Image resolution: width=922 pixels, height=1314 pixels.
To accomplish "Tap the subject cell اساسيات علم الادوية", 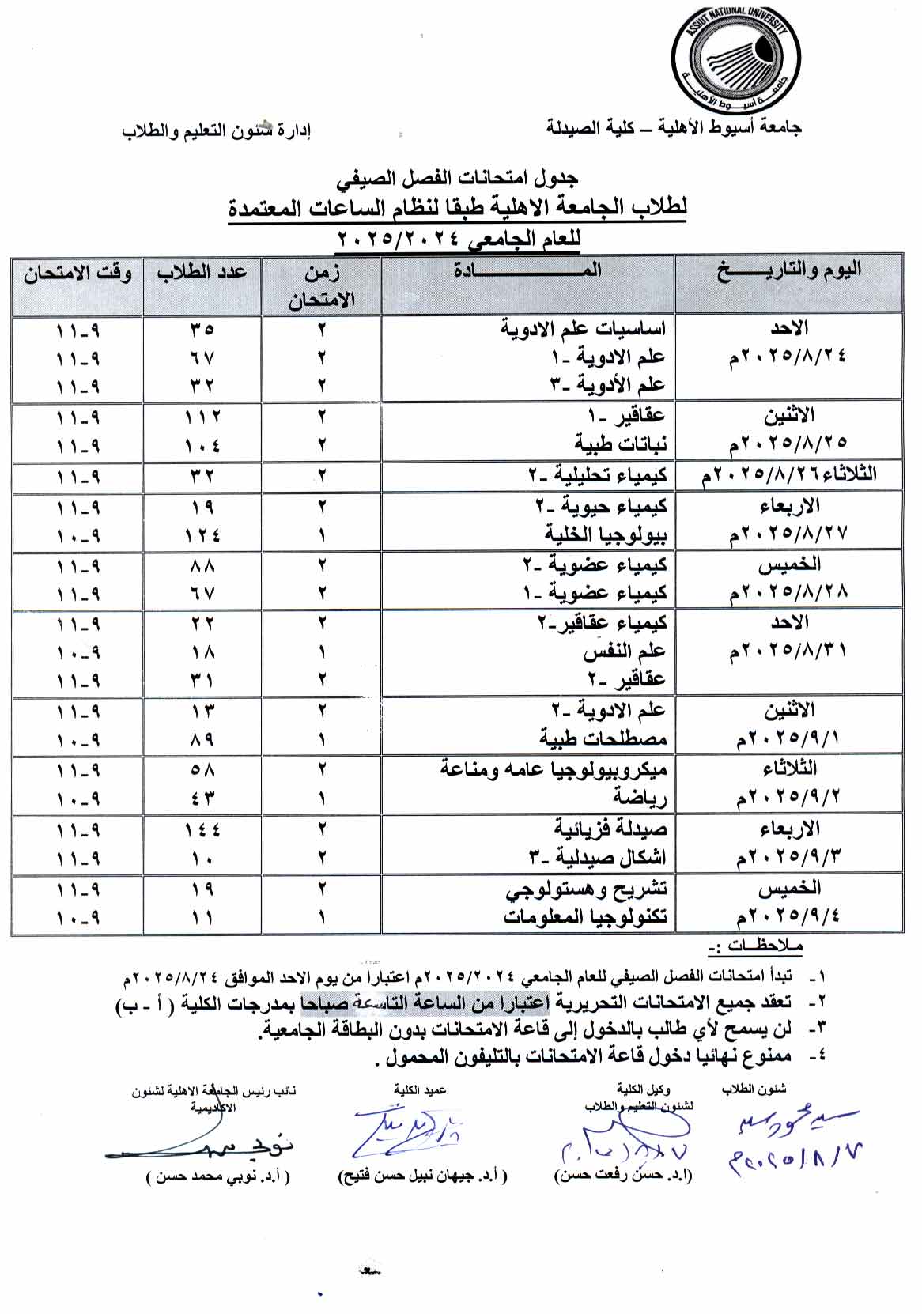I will [584, 328].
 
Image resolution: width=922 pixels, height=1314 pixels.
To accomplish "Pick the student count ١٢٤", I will [202, 535].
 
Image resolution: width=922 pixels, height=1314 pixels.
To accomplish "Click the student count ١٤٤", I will [202, 829].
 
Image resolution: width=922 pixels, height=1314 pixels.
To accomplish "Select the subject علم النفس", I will [624, 652].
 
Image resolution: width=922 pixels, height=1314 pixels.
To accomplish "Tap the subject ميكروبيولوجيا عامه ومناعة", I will [553, 769].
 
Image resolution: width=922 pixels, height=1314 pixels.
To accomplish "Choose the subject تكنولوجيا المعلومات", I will [585, 917].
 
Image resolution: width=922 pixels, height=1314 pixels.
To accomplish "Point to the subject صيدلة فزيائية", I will [610, 829].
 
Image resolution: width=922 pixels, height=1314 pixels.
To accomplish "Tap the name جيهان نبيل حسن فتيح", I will [422, 1176].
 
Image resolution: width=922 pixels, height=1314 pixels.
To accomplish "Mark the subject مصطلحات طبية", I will [603, 739].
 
